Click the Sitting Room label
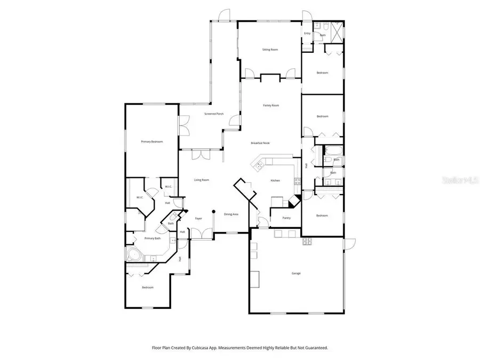(270, 50)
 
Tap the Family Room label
(271, 106)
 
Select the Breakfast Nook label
(261, 143)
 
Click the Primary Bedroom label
(151, 141)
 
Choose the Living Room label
(201, 180)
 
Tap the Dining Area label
(231, 214)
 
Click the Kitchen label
(275, 181)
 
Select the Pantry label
(286, 218)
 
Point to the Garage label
(296, 273)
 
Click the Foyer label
(198, 219)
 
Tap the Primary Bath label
(154, 238)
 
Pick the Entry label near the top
(307, 34)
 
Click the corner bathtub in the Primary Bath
(132, 254)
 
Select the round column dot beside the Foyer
(213, 212)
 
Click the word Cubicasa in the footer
(213, 348)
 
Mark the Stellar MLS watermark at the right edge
(465, 180)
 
